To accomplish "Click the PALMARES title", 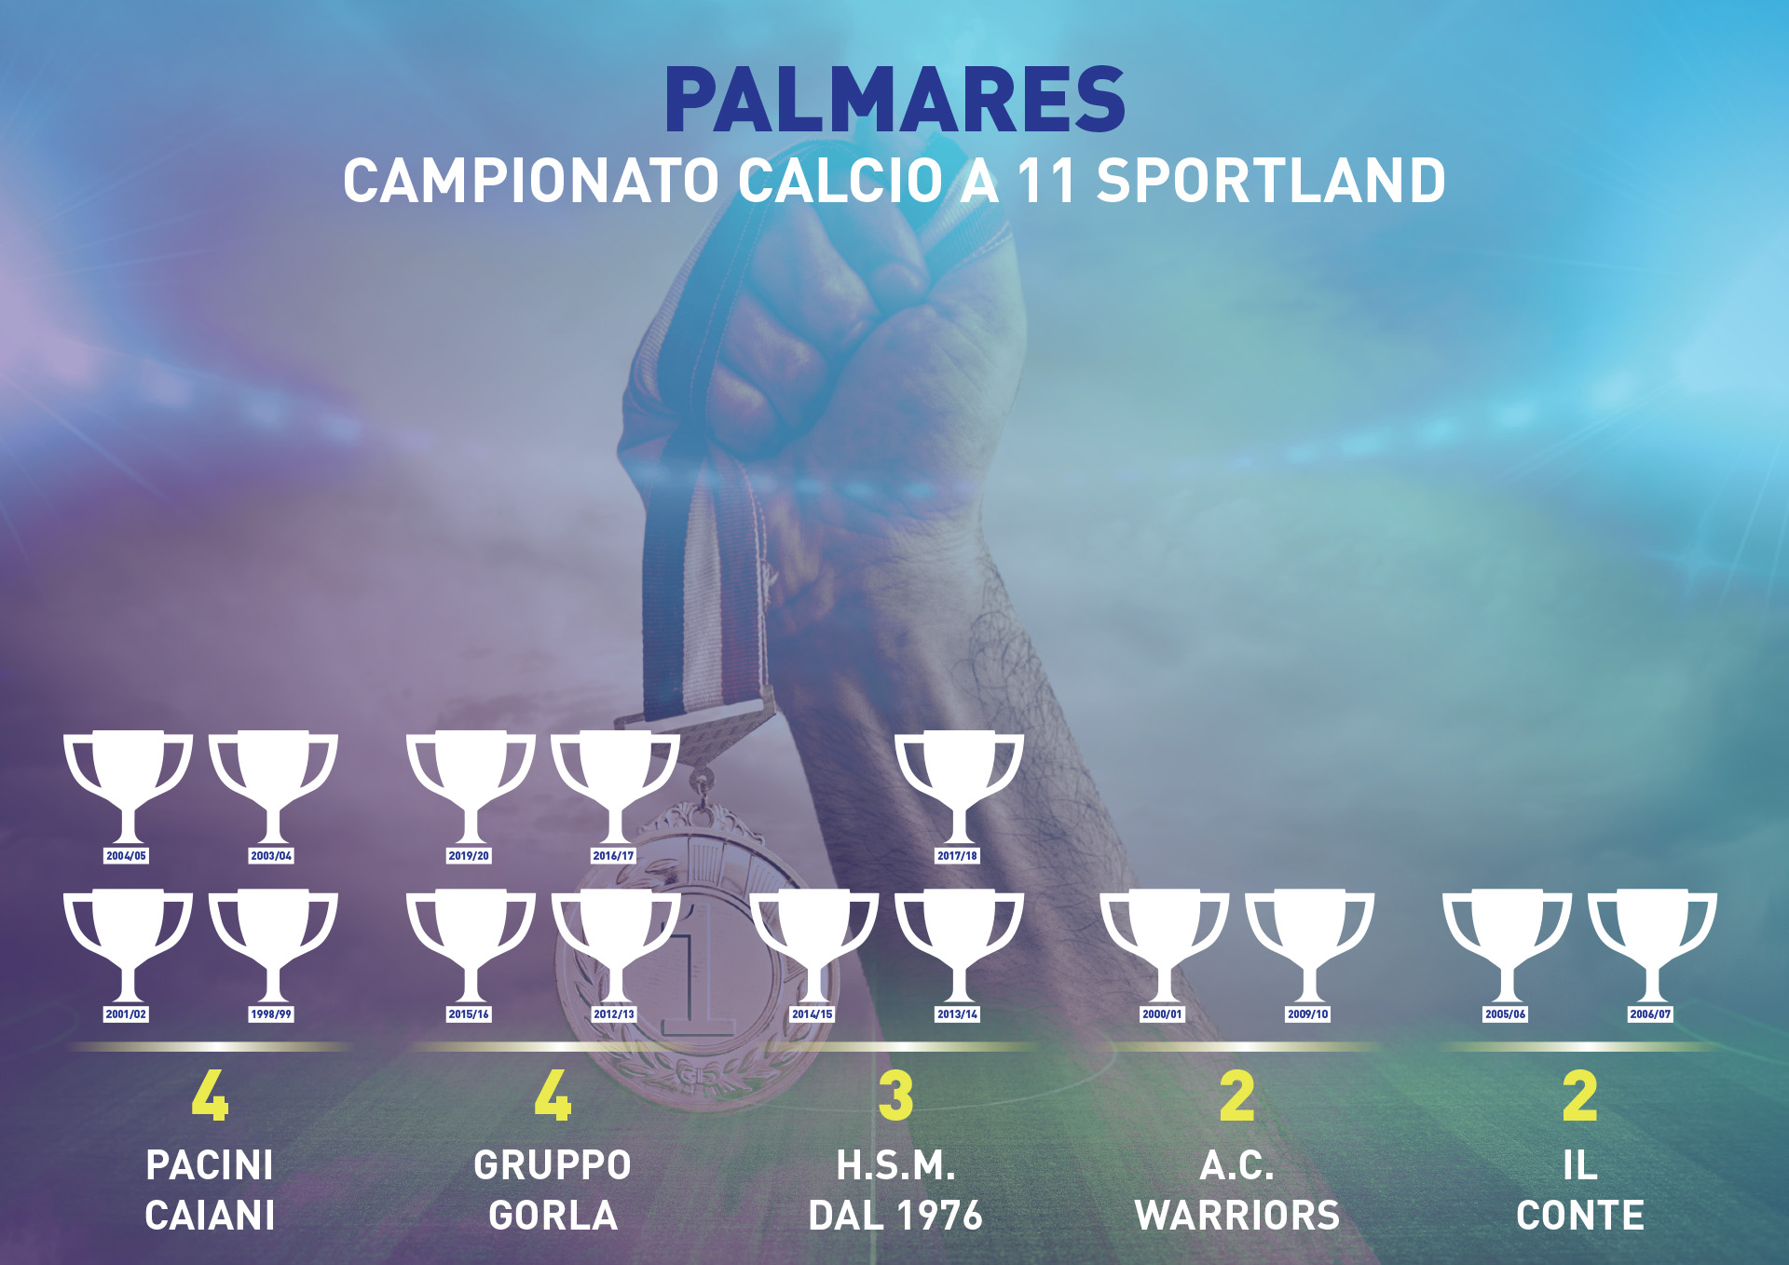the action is coord(894,100).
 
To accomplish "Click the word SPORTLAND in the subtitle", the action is coord(1271,181).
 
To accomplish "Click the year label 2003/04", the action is coord(271,856).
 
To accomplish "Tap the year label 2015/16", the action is coord(469,1014).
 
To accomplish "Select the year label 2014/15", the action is coord(812,1014).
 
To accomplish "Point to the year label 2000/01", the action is coord(1162,1014).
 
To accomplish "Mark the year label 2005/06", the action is coord(1506,1014).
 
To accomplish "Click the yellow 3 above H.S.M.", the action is coord(895,1095).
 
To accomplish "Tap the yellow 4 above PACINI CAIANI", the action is coord(210,1095).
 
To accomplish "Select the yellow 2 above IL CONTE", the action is coord(1580,1095).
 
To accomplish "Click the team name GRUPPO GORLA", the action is coord(553,1190).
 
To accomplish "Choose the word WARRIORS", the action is coord(1237,1216).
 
